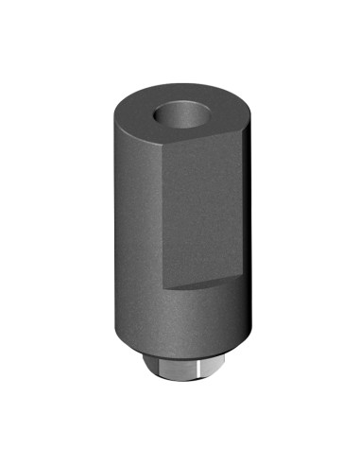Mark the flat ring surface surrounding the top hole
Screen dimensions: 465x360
click(142, 121)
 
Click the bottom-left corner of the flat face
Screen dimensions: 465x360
click(167, 287)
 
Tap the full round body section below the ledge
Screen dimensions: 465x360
click(180, 317)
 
